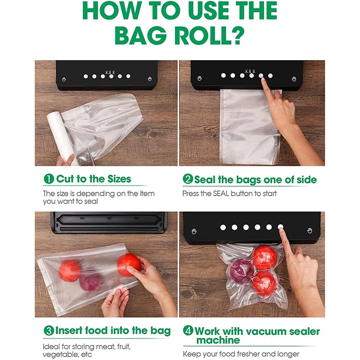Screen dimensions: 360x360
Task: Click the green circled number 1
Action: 49,179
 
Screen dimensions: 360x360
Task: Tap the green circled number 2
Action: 188,180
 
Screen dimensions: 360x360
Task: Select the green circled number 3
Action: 49,331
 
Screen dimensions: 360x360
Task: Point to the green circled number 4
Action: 188,332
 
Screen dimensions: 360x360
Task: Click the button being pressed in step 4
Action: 280,227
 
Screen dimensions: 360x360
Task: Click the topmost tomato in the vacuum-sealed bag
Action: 265,257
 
